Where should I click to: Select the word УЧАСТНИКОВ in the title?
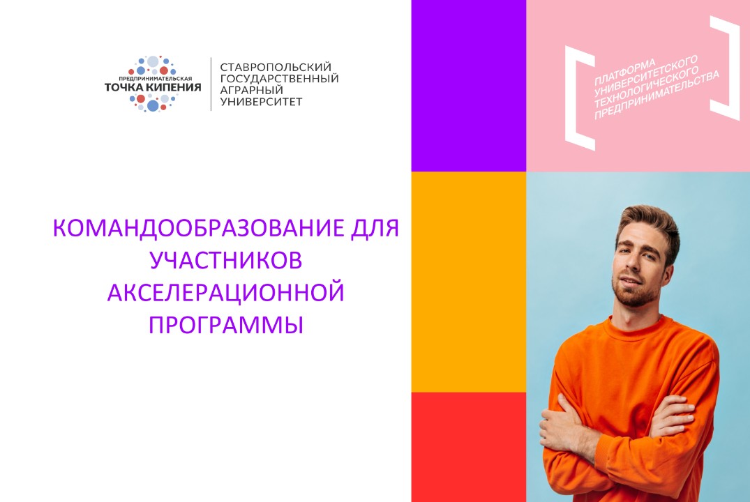tap(226, 261)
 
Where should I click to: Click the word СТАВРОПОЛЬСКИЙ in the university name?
tap(275, 66)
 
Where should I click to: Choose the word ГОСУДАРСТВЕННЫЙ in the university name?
tap(279, 78)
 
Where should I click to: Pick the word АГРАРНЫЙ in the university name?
tap(252, 90)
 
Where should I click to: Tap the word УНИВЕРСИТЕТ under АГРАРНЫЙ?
tap(262, 102)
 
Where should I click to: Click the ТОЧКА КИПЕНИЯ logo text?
tap(152, 87)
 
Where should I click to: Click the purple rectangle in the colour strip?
tap(468, 85)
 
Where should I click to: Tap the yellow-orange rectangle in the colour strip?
tap(468, 282)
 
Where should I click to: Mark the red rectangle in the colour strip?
tap(468, 446)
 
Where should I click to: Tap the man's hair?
tap(649, 220)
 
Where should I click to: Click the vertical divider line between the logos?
tap(211, 84)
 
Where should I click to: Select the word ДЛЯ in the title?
tap(376, 229)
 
